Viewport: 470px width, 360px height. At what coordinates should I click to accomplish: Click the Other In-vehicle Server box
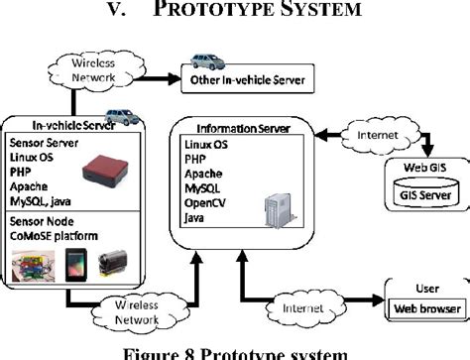(241, 78)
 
